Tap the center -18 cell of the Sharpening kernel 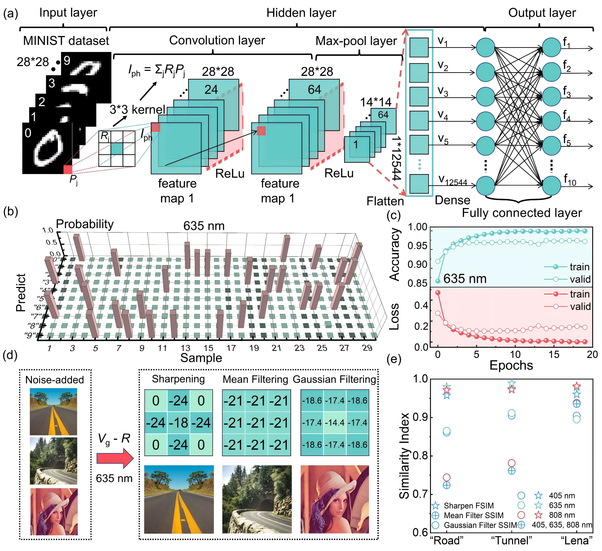point(179,422)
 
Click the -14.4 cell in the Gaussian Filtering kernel point(335,422)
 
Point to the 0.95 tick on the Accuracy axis point(418,246)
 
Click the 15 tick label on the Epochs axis point(554,354)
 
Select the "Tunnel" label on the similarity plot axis point(512,541)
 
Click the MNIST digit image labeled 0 point(47,148)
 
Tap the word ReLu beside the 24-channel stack point(230,173)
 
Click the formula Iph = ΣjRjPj point(157,71)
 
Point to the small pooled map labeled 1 point(356,149)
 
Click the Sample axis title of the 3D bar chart point(201,358)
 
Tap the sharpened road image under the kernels point(179,499)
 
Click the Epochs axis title point(511,365)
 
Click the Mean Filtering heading point(255,379)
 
